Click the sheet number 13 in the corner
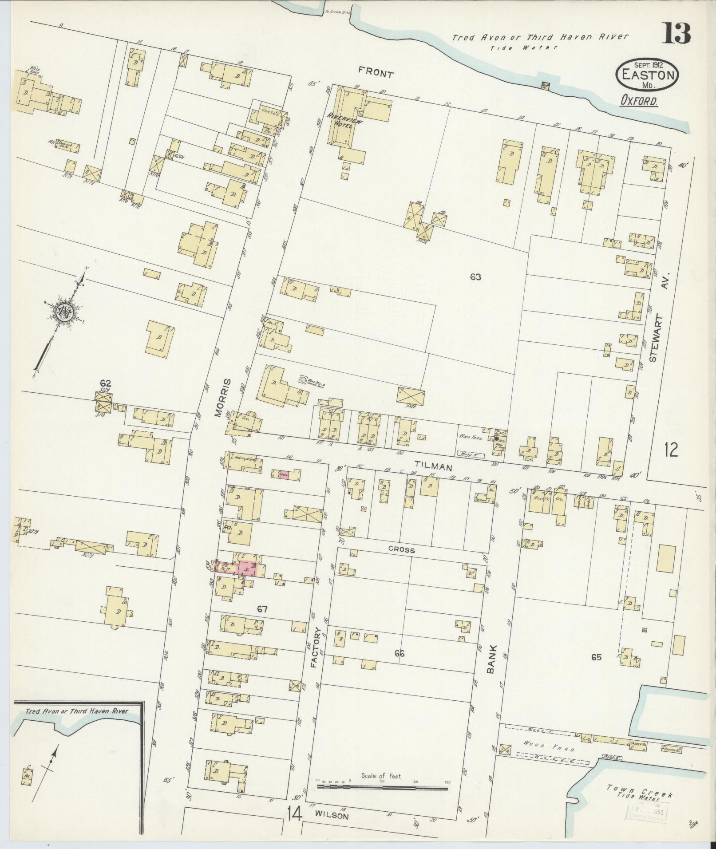[x=676, y=33]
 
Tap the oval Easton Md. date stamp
[x=647, y=74]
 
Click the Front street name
[x=376, y=74]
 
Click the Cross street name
[x=402, y=550]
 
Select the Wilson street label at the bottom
[x=332, y=816]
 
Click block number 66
[x=399, y=654]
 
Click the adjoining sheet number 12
[x=671, y=451]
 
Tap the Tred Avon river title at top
[x=540, y=38]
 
